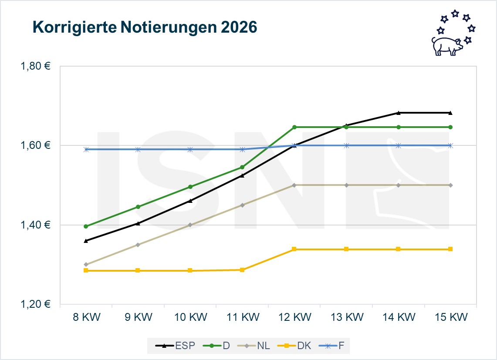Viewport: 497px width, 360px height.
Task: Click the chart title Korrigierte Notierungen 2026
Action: pyautogui.click(x=145, y=27)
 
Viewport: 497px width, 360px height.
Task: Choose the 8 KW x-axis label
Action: pyautogui.click(x=86, y=317)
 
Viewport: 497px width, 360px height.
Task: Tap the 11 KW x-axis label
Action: pyautogui.click(x=242, y=317)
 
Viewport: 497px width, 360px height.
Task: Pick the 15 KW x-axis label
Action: pyautogui.click(x=450, y=317)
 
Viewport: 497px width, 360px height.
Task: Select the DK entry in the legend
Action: pyautogui.click(x=300, y=346)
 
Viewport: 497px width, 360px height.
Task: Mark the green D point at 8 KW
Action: pyautogui.click(x=86, y=226)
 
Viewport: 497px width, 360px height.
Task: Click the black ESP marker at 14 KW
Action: pyautogui.click(x=398, y=113)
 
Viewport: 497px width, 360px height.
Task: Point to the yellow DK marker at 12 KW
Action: pyautogui.click(x=294, y=249)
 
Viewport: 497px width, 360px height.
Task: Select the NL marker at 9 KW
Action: pyautogui.click(x=138, y=245)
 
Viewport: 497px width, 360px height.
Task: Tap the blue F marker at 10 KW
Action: pyautogui.click(x=190, y=149)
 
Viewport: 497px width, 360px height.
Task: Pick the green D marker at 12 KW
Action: pyautogui.click(x=294, y=127)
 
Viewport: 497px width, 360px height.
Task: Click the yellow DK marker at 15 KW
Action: pyautogui.click(x=450, y=249)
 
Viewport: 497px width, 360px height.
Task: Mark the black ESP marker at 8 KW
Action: pyautogui.click(x=86, y=240)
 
